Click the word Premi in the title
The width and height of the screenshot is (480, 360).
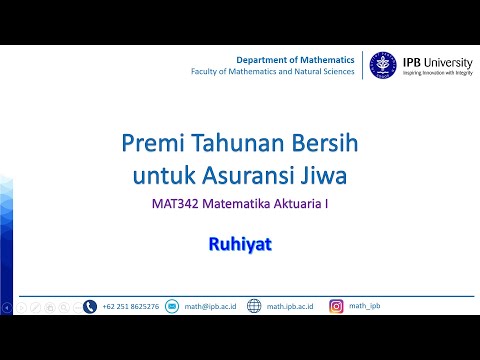pos(150,144)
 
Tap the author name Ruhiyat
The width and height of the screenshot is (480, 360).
pos(239,242)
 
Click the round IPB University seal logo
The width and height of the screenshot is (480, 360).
pos(381,66)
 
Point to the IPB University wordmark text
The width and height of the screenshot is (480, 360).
pos(434,60)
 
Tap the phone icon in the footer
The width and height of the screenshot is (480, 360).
pos(90,306)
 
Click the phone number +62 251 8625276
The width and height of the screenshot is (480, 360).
pos(130,306)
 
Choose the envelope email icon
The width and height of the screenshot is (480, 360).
pos(171,306)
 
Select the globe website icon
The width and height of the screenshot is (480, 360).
pos(254,306)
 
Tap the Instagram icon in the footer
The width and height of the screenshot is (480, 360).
pos(336,306)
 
